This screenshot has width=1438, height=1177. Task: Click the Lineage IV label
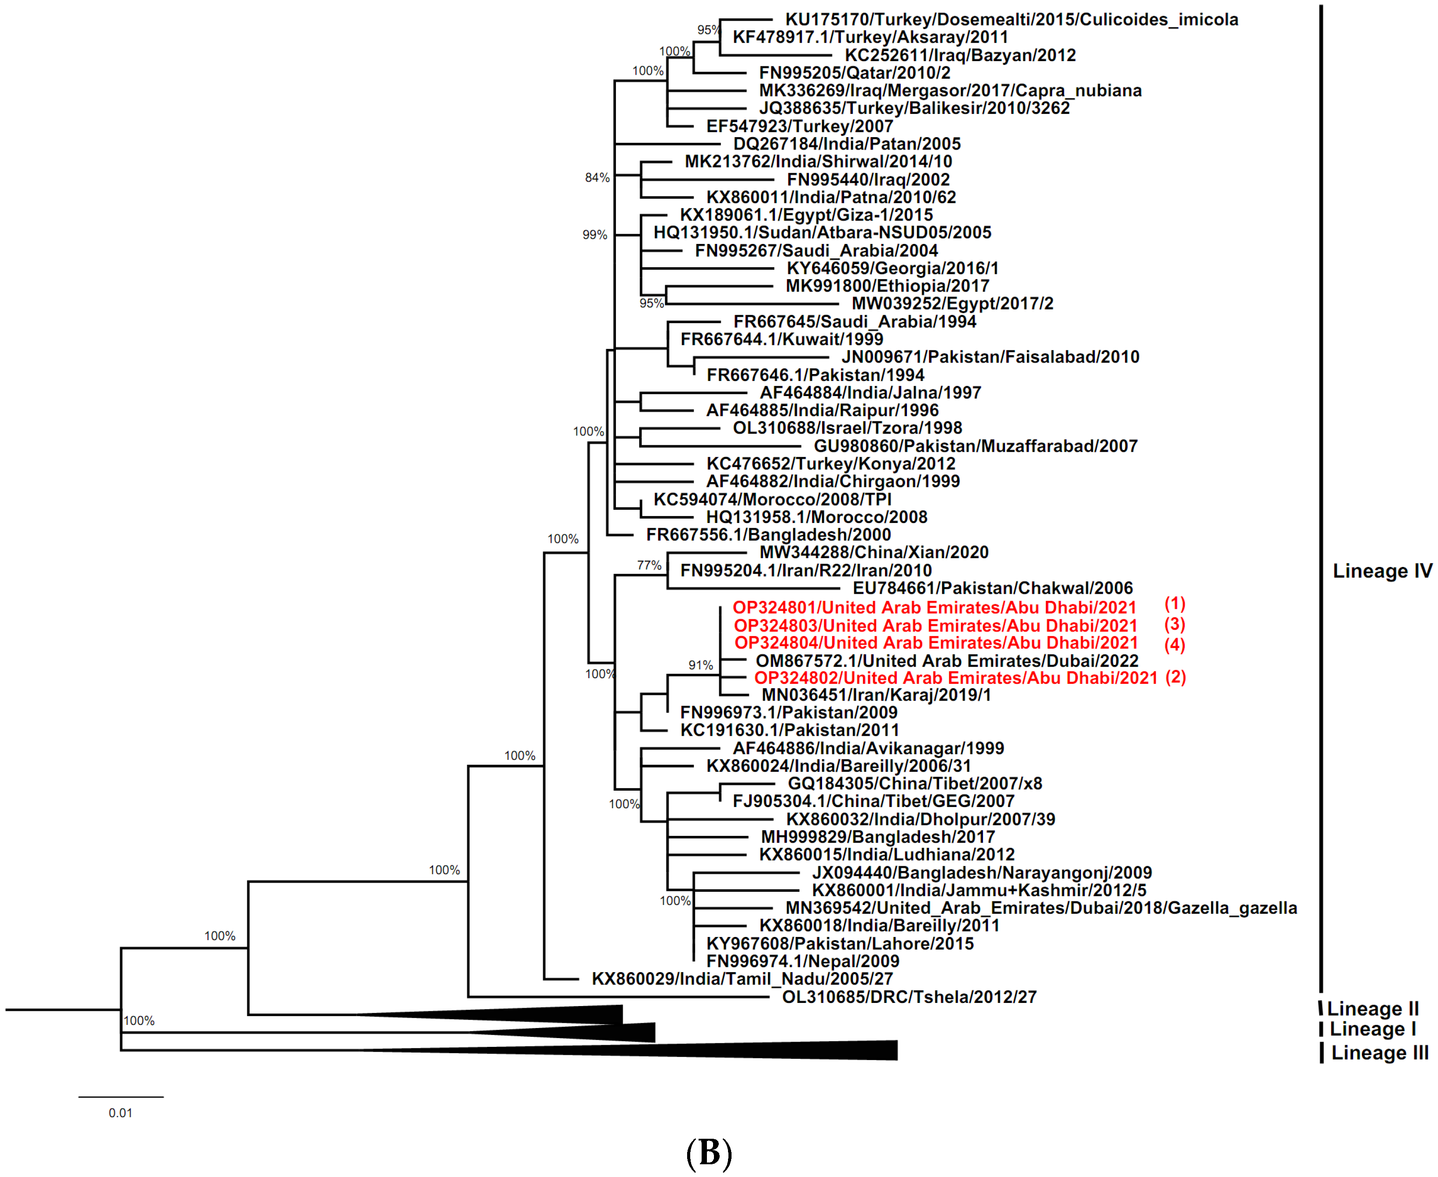(1382, 571)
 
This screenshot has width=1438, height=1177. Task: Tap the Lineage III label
(1379, 1053)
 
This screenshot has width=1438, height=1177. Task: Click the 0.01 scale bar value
(121, 1112)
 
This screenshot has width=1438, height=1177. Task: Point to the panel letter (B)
(709, 1152)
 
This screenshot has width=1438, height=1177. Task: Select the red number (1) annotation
(1174, 603)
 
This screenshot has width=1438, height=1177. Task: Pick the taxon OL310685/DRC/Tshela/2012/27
(909, 997)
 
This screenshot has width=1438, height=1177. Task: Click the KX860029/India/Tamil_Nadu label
(742, 978)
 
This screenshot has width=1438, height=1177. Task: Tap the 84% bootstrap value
(597, 178)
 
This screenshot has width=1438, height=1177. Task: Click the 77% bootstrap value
(649, 565)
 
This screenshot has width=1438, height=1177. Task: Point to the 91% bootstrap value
(700, 665)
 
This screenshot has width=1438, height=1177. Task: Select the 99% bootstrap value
(595, 235)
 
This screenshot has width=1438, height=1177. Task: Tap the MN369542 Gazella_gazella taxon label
(1041, 908)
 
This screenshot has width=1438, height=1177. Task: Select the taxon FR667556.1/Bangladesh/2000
(768, 534)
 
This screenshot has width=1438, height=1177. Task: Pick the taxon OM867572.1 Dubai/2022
(947, 661)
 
